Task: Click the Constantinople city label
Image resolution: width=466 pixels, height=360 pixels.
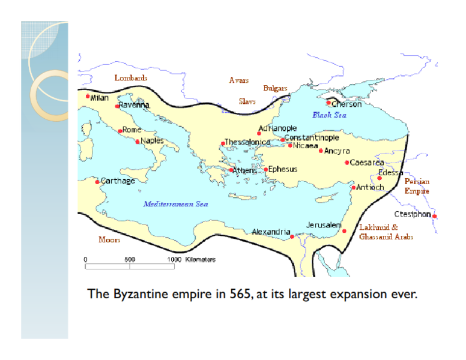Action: pyautogui.click(x=312, y=137)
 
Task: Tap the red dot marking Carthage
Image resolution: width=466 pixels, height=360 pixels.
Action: pyautogui.click(x=97, y=182)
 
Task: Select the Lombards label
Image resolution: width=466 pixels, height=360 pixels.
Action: pyautogui.click(x=131, y=78)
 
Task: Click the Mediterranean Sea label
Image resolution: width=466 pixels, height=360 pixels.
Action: pyautogui.click(x=175, y=204)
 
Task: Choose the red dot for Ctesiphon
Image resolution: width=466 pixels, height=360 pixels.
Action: pyautogui.click(x=435, y=217)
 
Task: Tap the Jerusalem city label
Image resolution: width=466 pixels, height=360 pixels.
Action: pyautogui.click(x=324, y=225)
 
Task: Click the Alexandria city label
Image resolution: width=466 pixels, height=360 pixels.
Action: pyautogui.click(x=271, y=232)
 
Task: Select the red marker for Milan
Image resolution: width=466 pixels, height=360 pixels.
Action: pyautogui.click(x=88, y=96)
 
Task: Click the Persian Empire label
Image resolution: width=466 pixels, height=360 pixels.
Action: pyautogui.click(x=417, y=186)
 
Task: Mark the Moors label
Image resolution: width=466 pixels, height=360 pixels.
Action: pyautogui.click(x=109, y=240)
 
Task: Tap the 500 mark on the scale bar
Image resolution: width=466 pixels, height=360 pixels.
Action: pyautogui.click(x=130, y=260)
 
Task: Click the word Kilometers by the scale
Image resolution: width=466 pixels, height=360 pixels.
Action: pyautogui.click(x=201, y=260)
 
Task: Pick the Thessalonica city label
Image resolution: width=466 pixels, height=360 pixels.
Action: pyautogui.click(x=247, y=142)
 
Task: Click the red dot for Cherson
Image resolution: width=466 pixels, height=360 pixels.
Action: pyautogui.click(x=328, y=103)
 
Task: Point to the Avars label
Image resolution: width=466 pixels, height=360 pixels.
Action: pyautogui.click(x=239, y=80)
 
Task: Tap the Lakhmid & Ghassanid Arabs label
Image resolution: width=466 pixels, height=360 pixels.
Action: pyautogui.click(x=386, y=232)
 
